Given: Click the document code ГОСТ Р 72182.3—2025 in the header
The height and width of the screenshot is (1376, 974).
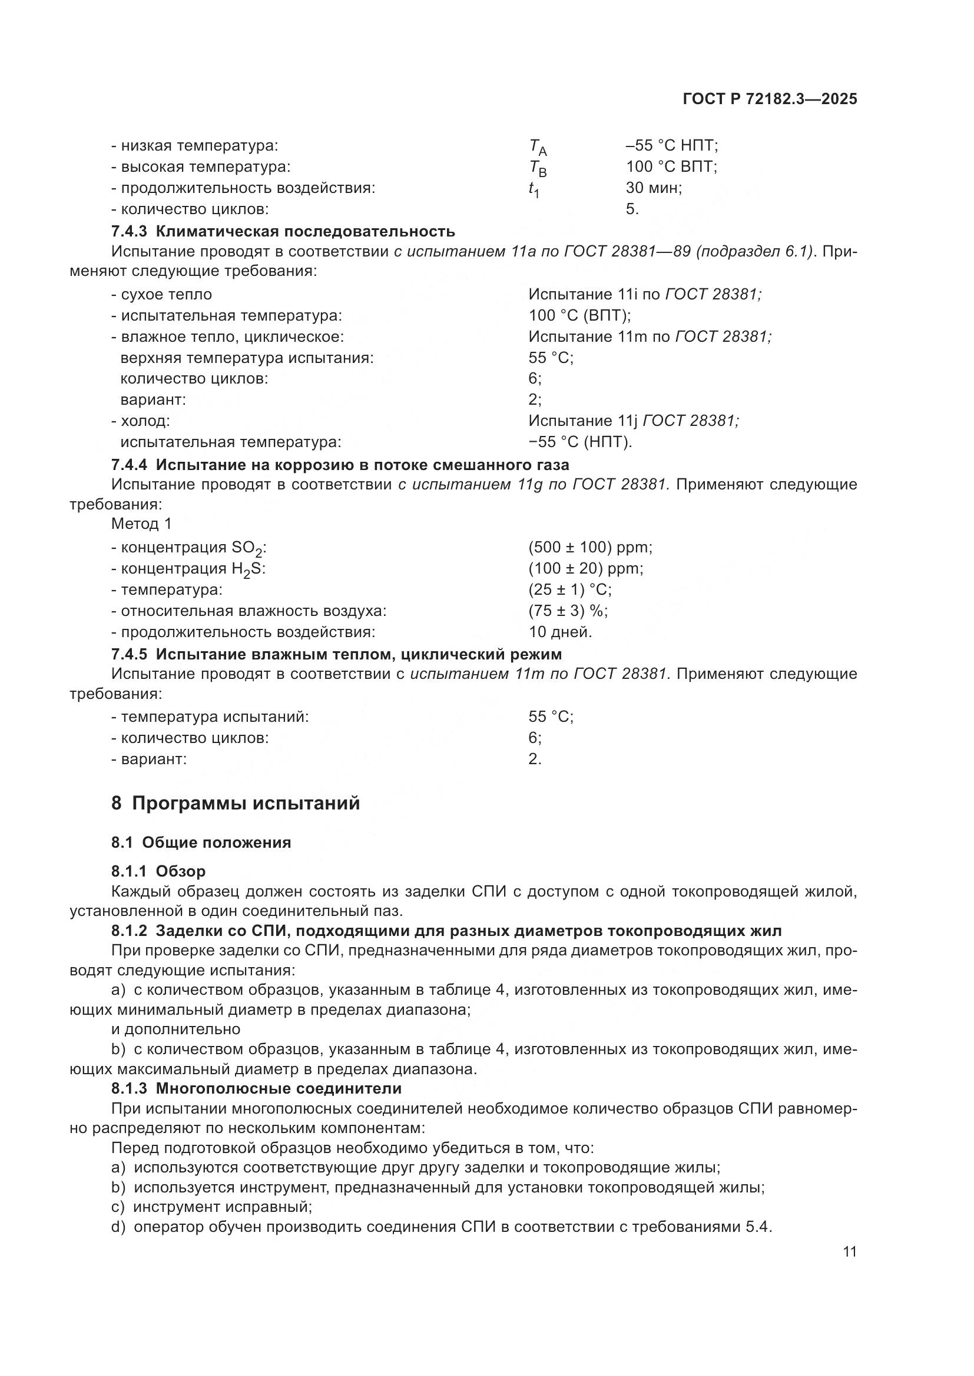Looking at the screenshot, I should (770, 99).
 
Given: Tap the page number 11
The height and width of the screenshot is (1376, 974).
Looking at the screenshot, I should (849, 1252).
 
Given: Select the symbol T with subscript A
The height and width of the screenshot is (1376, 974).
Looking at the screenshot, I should (538, 147).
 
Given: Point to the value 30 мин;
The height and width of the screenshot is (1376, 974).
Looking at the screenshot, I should (654, 188).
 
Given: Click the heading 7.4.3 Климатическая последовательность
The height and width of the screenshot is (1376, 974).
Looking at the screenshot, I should (283, 231).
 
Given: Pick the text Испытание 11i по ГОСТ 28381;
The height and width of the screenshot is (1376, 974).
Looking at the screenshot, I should (645, 294).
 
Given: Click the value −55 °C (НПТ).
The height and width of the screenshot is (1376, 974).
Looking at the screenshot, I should (580, 442).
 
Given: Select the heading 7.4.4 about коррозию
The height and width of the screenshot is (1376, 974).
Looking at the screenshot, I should (340, 465).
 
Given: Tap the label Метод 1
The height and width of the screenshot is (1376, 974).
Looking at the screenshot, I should (141, 524).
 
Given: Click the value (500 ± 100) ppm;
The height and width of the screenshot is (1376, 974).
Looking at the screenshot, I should (590, 547).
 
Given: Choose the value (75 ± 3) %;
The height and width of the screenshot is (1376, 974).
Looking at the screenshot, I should (568, 611).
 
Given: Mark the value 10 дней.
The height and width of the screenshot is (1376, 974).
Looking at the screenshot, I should (560, 632).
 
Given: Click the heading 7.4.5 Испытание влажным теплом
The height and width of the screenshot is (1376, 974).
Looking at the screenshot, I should (336, 653).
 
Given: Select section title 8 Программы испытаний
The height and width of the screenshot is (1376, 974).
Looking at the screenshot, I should (236, 803).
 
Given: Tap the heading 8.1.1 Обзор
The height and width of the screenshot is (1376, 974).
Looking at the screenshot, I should (158, 871).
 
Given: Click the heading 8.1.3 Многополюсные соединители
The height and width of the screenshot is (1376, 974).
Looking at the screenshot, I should (256, 1088).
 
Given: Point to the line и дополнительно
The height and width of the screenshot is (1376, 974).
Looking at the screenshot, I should (175, 1029).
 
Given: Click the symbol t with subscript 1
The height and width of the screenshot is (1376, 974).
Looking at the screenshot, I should (533, 189).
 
